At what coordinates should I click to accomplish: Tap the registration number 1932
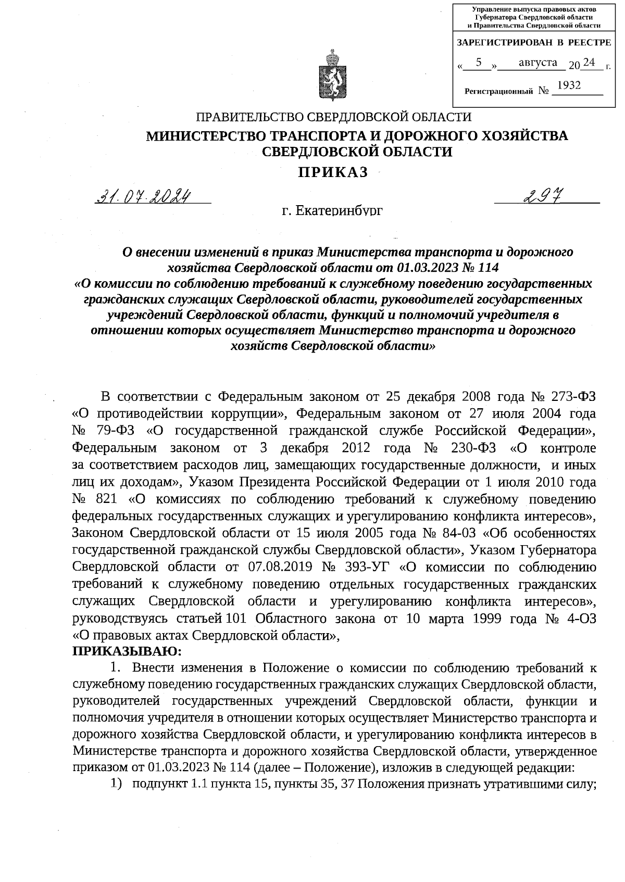coord(569,85)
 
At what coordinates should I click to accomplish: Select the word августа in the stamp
coord(538,63)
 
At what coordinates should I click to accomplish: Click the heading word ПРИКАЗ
coord(333,172)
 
